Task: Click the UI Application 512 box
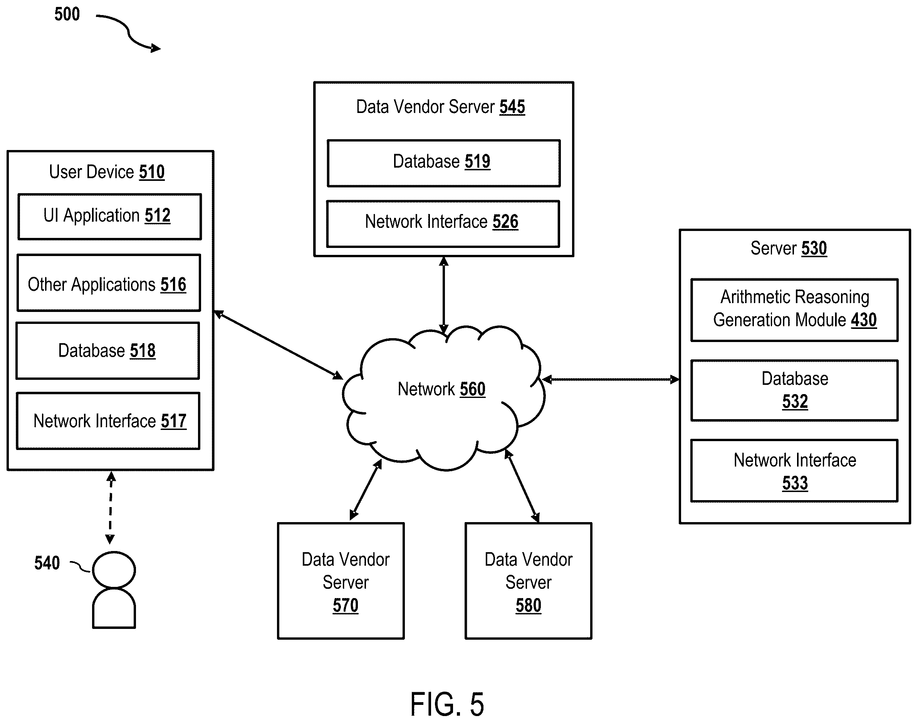(x=109, y=217)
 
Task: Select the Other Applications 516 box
(x=109, y=283)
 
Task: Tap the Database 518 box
(x=108, y=351)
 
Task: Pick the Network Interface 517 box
(x=108, y=421)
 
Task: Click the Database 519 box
(x=443, y=163)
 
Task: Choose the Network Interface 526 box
(x=443, y=224)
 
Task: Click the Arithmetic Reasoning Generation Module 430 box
(x=794, y=310)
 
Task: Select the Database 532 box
(x=794, y=390)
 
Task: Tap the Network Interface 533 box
(x=794, y=471)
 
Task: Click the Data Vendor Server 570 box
(x=341, y=581)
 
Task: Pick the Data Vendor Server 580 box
(x=529, y=581)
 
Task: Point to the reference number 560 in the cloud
(x=472, y=389)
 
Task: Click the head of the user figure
(x=114, y=570)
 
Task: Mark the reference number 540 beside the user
(x=47, y=563)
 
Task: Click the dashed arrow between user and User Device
(x=110, y=507)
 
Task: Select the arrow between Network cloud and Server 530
(x=611, y=379)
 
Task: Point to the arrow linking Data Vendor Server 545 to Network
(x=443, y=295)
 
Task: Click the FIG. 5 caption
(x=447, y=704)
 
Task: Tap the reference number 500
(x=67, y=14)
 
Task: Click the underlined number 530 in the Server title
(x=814, y=248)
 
